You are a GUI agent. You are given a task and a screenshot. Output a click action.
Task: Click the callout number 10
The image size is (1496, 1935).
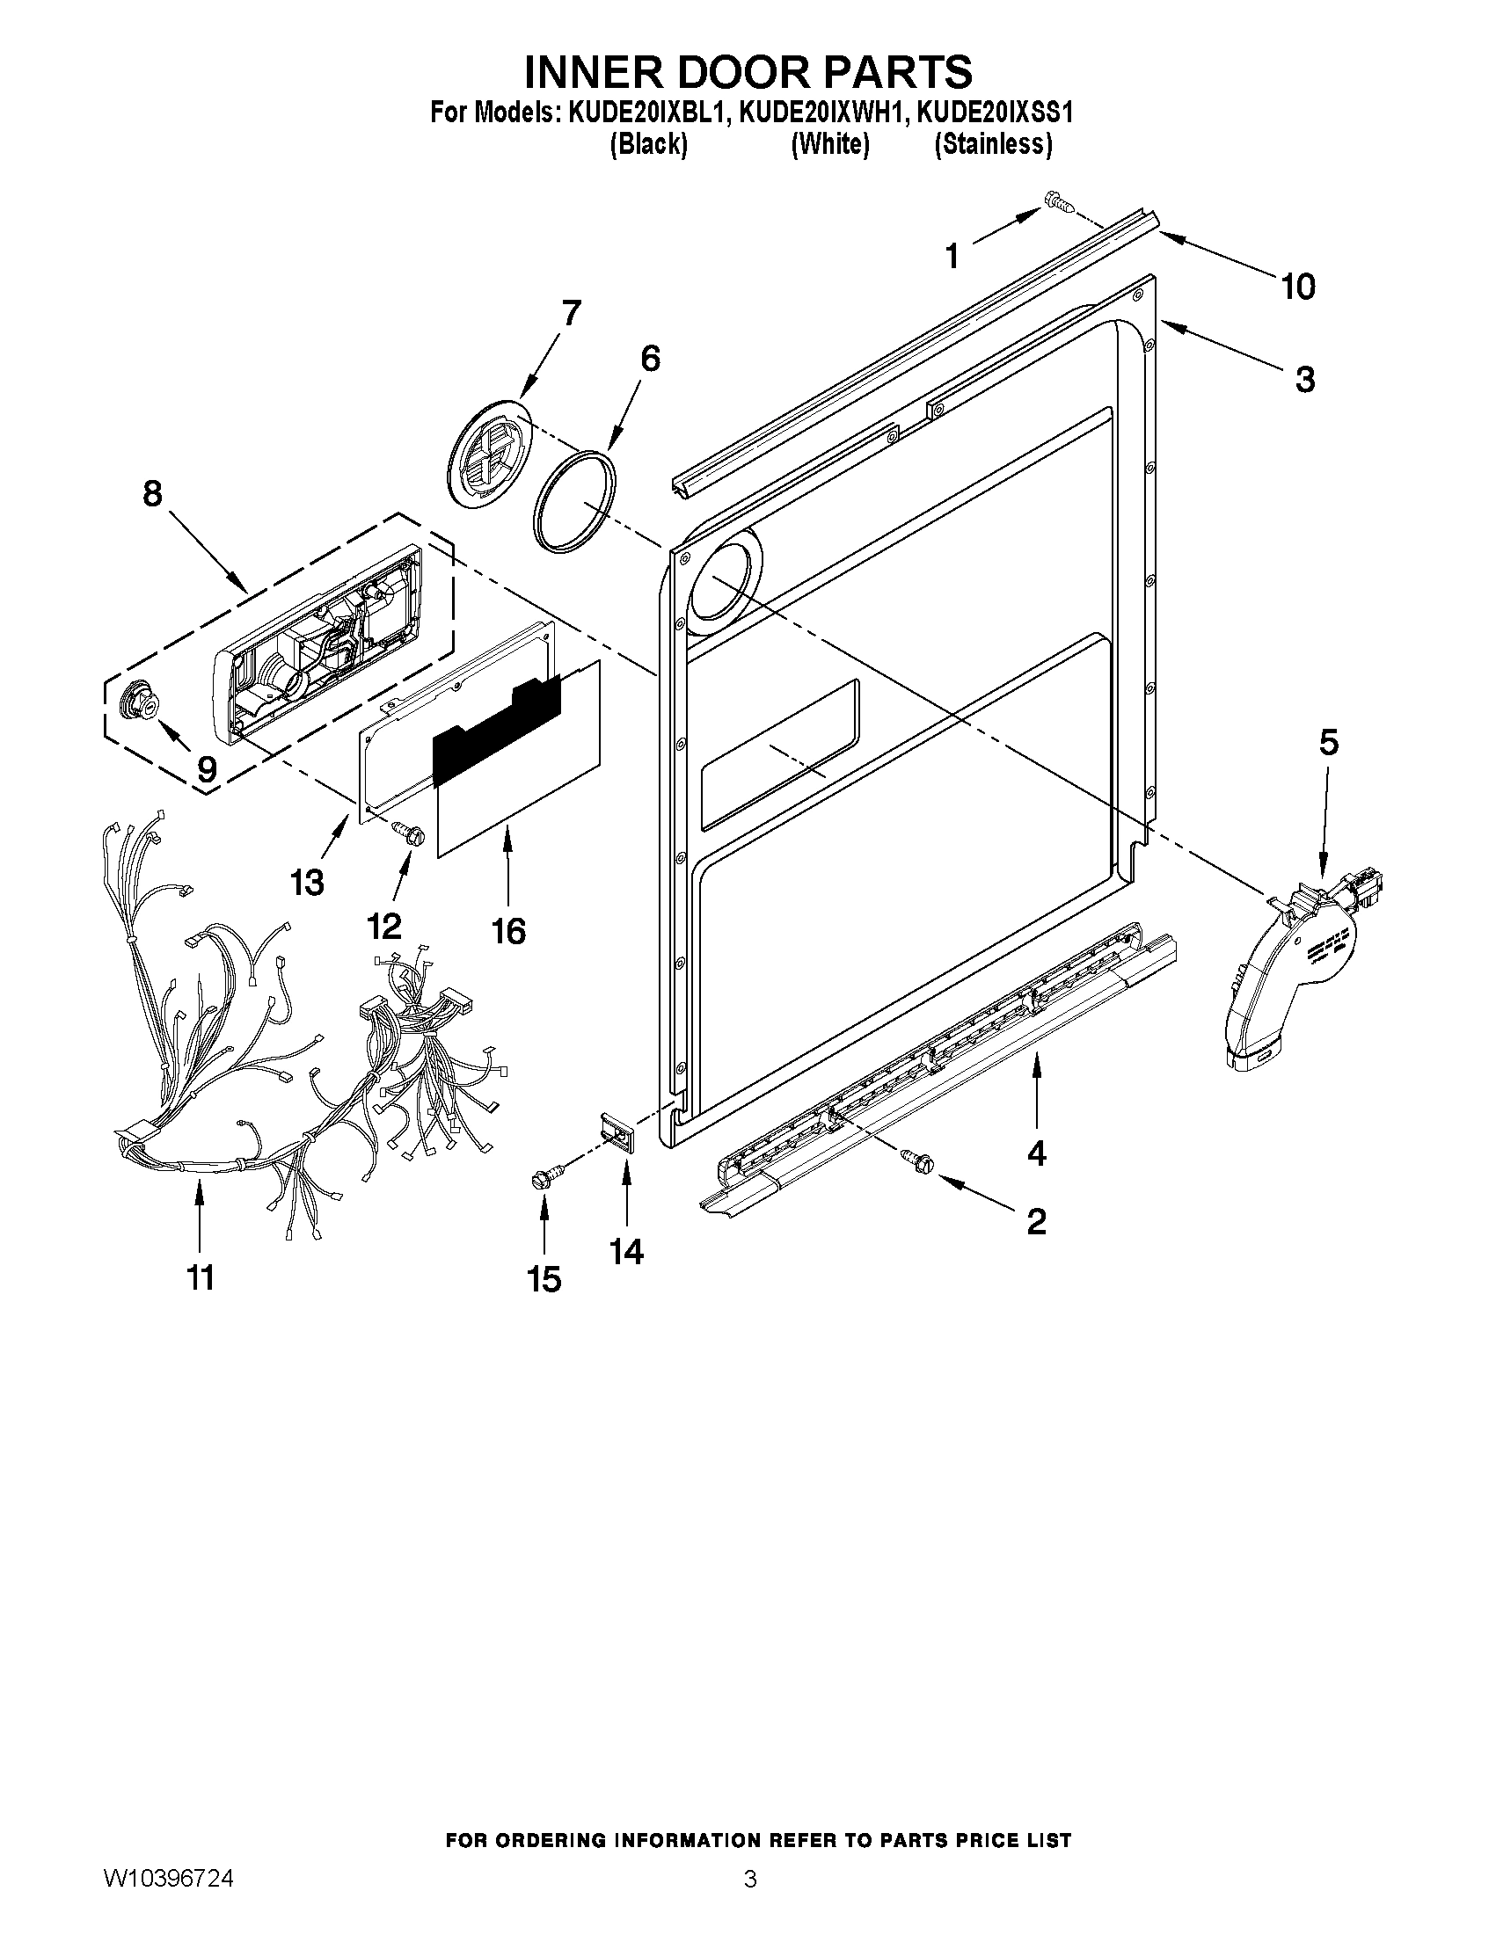point(1298,287)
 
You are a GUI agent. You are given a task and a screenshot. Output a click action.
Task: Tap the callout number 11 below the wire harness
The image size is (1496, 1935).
point(201,1277)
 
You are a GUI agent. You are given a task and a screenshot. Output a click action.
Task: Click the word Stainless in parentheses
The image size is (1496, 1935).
point(994,143)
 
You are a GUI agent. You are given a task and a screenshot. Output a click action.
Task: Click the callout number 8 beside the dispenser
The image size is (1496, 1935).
point(152,492)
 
